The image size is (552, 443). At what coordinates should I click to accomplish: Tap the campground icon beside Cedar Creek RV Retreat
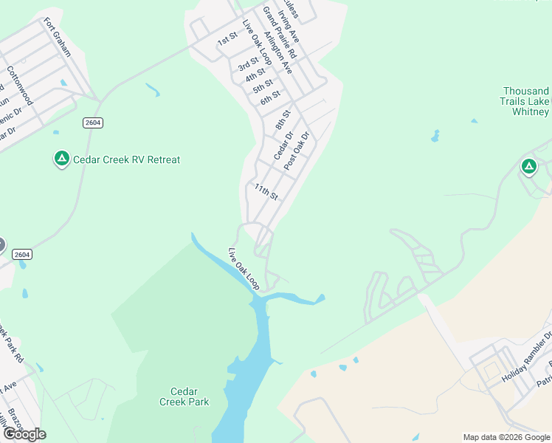pyautogui.click(x=62, y=159)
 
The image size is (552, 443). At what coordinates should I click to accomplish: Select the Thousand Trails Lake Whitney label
pyautogui.click(x=525, y=101)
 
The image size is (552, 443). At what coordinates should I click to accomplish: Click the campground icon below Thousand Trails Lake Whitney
pyautogui.click(x=528, y=167)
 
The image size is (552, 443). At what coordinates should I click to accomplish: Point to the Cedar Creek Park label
pyautogui.click(x=184, y=396)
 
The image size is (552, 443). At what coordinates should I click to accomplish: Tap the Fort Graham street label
pyautogui.click(x=57, y=37)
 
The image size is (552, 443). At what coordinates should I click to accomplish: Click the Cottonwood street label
pyautogui.click(x=20, y=86)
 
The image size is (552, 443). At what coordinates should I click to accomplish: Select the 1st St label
pyautogui.click(x=227, y=38)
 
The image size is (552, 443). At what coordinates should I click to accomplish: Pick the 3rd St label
pyautogui.click(x=248, y=64)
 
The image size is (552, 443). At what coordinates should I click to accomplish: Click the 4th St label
pyautogui.click(x=255, y=75)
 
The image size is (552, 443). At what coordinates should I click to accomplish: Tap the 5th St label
pyautogui.click(x=263, y=86)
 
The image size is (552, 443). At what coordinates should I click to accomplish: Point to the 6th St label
pyautogui.click(x=271, y=97)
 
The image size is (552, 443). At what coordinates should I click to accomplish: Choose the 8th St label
pyautogui.click(x=283, y=120)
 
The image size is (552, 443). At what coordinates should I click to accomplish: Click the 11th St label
pyautogui.click(x=266, y=192)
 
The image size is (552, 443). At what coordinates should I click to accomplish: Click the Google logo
pyautogui.click(x=24, y=435)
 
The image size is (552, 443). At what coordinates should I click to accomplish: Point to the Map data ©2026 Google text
pyautogui.click(x=506, y=437)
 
